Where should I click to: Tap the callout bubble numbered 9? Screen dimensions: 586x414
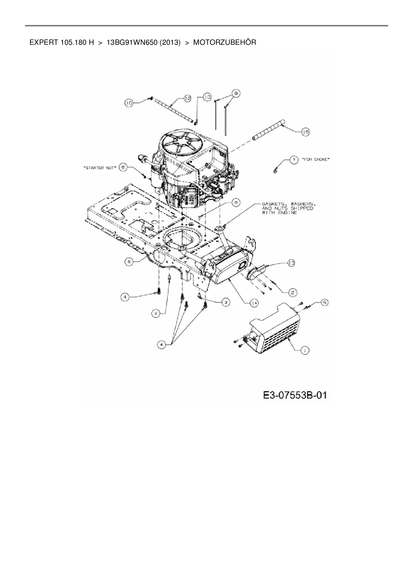[236, 94]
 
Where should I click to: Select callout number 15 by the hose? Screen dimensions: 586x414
[305, 132]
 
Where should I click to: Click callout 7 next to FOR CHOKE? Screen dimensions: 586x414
[294, 160]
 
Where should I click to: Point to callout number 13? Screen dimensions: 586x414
[291, 263]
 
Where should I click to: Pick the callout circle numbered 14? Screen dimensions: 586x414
[254, 303]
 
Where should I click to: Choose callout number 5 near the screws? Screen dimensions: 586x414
[325, 302]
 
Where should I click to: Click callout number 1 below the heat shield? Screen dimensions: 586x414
[305, 350]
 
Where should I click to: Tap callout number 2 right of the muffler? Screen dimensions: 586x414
[293, 293]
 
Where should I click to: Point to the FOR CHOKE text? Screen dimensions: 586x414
[316, 160]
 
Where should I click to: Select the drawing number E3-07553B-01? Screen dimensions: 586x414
[295, 396]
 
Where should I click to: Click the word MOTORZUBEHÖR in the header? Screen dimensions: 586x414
[225, 43]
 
